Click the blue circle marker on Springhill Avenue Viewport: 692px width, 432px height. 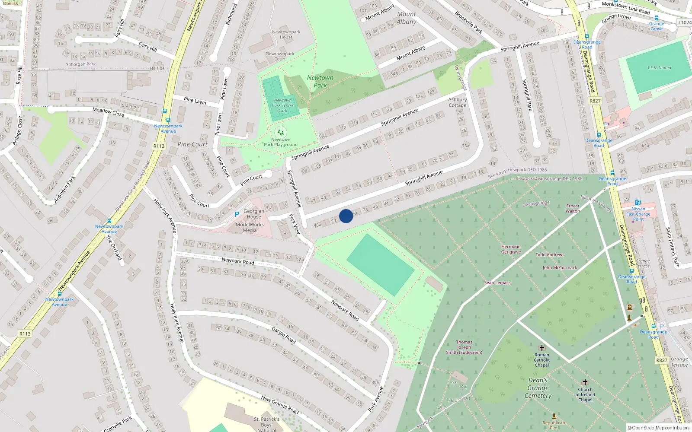coord(346,216)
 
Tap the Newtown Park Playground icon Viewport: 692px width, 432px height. coord(280,132)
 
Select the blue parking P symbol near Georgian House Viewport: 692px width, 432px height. coord(237,214)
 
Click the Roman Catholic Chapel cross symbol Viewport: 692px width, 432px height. coord(541,348)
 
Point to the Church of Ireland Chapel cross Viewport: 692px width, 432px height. coord(585,382)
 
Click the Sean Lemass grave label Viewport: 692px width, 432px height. coord(497,283)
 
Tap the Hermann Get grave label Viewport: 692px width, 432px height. coord(511,249)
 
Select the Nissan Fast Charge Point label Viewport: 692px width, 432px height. coord(638,214)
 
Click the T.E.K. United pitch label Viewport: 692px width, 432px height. coord(659,67)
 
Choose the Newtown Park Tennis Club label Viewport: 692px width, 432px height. coord(282,105)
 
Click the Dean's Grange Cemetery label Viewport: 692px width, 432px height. coord(538,388)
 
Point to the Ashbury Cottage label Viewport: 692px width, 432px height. coord(457,102)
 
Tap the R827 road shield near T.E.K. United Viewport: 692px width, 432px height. coord(595,101)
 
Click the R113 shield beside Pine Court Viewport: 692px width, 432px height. coord(159,146)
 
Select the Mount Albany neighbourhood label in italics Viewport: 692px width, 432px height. coord(406,18)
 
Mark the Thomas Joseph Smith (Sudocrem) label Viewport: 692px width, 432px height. coord(464,347)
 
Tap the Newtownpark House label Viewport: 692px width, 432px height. coord(286,35)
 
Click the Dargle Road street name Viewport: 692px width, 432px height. coord(284,335)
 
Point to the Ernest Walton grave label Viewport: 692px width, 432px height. coord(573,208)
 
